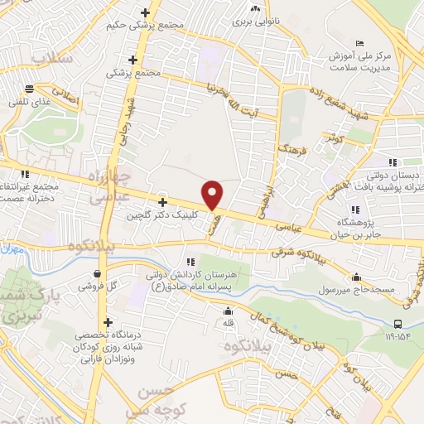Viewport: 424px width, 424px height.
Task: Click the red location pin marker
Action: pyautogui.click(x=213, y=195)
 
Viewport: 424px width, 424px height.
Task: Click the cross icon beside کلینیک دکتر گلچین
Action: pyautogui.click(x=162, y=202)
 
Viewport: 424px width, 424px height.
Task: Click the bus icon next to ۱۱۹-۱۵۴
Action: pyautogui.click(x=399, y=324)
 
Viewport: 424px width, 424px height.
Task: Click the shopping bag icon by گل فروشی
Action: pyautogui.click(x=99, y=272)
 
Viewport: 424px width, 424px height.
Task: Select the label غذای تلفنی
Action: pyautogui.click(x=29, y=102)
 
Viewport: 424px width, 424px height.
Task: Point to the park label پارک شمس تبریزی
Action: pyautogui.click(x=25, y=307)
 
